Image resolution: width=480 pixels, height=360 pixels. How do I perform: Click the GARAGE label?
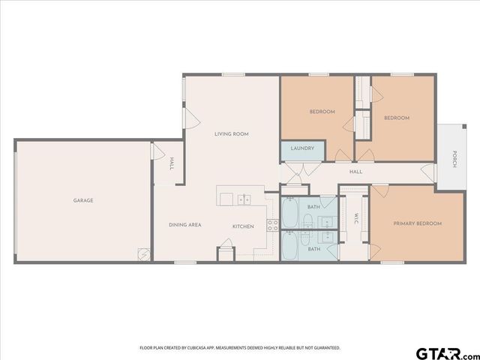tap(83, 200)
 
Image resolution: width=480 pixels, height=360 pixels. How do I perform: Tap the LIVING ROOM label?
tap(231, 134)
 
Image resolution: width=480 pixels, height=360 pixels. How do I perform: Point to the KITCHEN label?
tap(242, 226)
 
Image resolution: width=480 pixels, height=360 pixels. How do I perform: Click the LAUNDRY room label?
tap(302, 148)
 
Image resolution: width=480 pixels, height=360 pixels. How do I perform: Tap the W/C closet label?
tap(358, 219)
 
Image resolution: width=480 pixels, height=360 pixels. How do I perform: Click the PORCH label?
tap(454, 158)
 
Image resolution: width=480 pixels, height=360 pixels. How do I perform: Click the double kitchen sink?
tap(244, 199)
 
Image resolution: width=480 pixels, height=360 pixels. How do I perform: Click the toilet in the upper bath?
tap(308, 220)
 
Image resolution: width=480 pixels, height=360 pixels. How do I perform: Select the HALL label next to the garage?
tap(171, 163)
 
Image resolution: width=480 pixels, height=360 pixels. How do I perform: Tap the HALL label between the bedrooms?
tap(355, 172)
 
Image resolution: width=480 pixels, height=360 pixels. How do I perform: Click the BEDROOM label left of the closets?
tap(322, 112)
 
